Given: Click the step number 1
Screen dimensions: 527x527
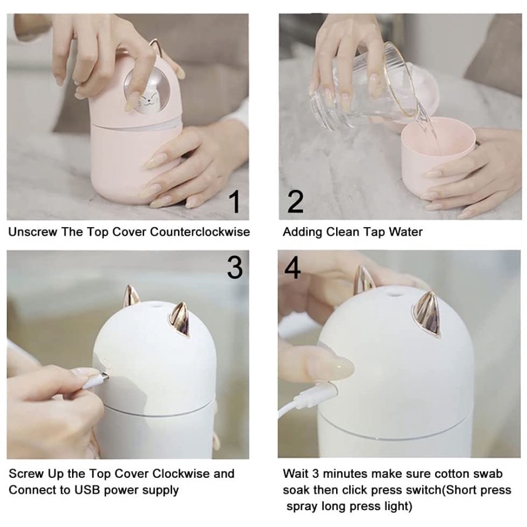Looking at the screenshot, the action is [x=235, y=201].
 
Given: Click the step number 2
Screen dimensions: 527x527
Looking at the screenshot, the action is [x=295, y=201].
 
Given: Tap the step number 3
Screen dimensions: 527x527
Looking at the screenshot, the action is [x=235, y=267].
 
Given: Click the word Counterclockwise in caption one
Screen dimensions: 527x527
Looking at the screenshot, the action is [x=200, y=232].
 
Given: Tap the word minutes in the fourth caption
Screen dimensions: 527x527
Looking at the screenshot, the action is [x=345, y=474].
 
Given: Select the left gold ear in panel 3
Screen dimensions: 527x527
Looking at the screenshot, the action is [x=131, y=296].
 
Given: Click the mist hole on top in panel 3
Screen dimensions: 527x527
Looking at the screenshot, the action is [x=155, y=305].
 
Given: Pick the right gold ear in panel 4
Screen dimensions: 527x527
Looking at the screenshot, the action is [x=427, y=313].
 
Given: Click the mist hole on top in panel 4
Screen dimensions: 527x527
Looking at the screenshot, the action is [x=395, y=295].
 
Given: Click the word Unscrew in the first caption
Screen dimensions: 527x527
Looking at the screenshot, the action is [x=33, y=232].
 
